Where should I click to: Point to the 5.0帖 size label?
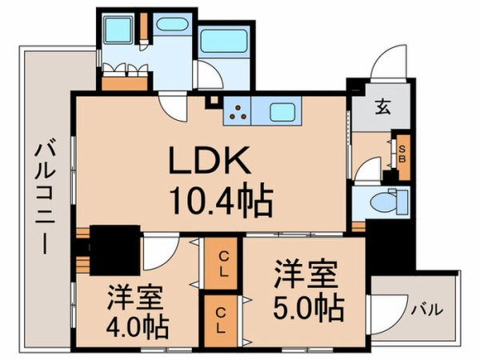[x=307, y=305]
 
